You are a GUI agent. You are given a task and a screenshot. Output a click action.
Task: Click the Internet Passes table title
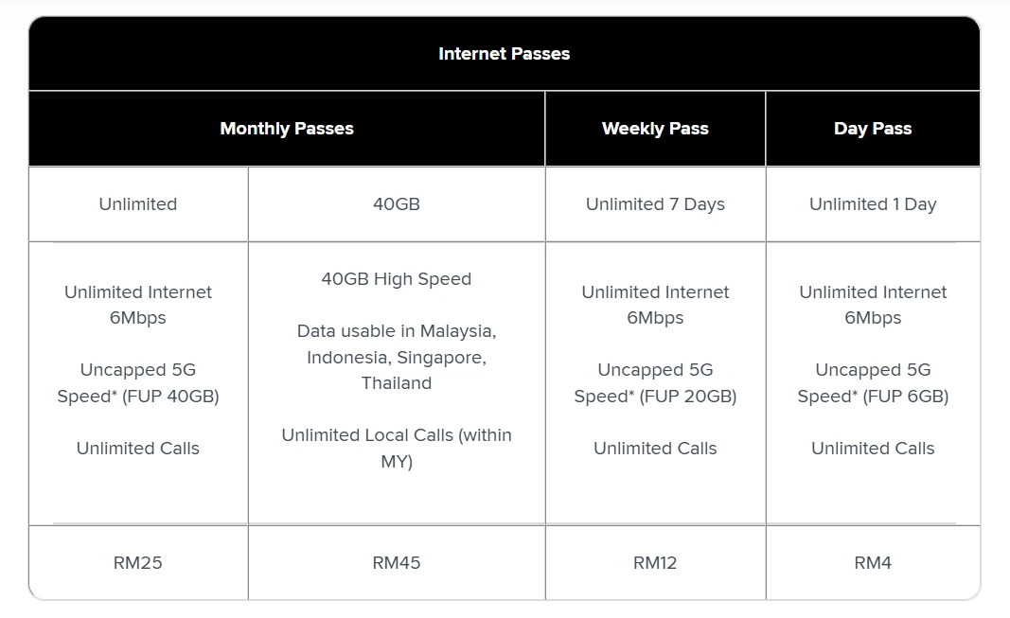point(504,53)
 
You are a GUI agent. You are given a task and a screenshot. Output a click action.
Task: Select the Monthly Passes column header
point(287,129)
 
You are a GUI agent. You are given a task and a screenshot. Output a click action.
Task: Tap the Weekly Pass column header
point(655,129)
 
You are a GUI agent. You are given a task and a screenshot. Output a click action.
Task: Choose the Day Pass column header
point(873,129)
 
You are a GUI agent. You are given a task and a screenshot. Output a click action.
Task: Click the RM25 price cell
point(138,563)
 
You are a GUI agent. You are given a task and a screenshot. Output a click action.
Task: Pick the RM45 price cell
point(396,563)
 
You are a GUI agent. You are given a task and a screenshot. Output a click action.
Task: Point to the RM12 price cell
point(655,563)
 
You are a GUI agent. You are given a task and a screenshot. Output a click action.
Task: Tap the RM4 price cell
point(873,563)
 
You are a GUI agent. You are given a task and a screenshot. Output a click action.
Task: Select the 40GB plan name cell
point(396,204)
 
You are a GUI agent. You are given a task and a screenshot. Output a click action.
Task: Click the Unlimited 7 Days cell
point(655,204)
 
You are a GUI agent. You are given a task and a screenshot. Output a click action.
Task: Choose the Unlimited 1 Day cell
point(873,204)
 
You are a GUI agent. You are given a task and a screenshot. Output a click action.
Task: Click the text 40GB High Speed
point(396,279)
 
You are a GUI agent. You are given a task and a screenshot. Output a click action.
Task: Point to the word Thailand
point(396,383)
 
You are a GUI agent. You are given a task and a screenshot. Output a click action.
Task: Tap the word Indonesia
point(348,358)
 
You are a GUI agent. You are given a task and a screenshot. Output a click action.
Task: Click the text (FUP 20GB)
point(688,396)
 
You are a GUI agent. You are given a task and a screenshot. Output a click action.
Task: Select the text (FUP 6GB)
point(906,396)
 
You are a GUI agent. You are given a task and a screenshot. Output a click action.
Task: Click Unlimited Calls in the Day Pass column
point(873,448)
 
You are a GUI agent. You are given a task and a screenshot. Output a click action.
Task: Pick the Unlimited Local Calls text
point(367,435)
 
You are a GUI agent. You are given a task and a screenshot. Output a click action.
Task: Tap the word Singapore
point(441,358)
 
